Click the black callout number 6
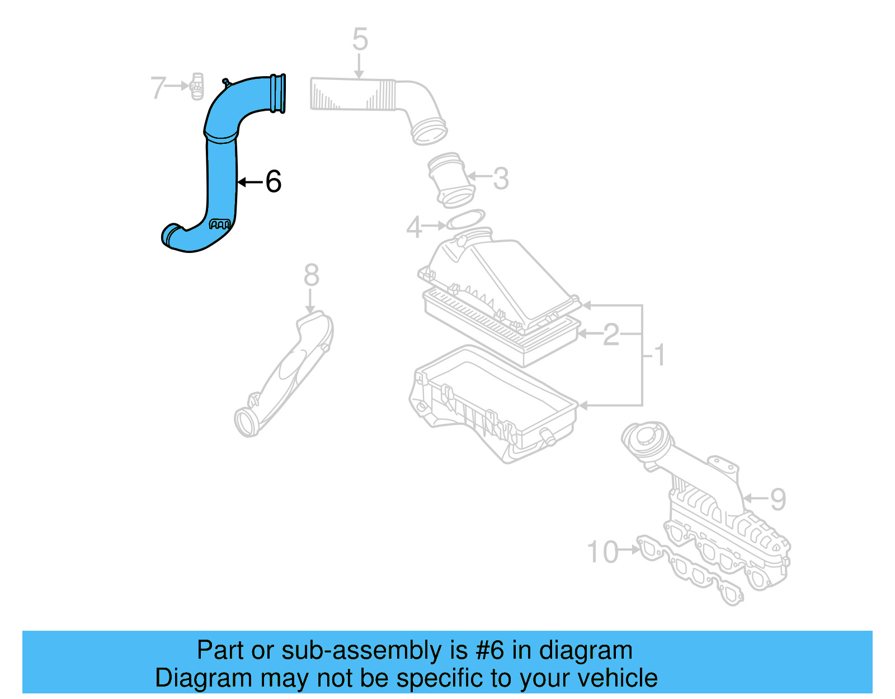pos(273,182)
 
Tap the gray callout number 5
pos(360,40)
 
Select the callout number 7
pos(158,88)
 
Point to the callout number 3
pos(501,179)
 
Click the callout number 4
pos(414,227)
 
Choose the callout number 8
pos(312,275)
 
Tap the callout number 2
pos(611,335)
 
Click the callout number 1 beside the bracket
pos(660,355)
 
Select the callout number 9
pos(778,499)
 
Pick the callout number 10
pos(602,552)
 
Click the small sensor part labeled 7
pos(197,87)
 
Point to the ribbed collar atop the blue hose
pos(278,93)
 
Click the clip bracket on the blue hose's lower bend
pos(219,225)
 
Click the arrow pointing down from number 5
pos(360,68)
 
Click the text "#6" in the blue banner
pos(489,651)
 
